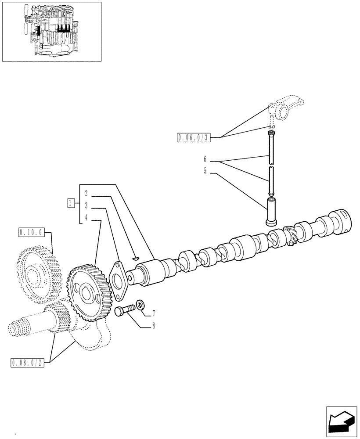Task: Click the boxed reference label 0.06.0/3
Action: [x=194, y=138]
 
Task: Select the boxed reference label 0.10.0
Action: [x=30, y=232]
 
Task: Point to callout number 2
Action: [x=86, y=193]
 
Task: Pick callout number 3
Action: [x=86, y=205]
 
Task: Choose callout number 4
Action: [x=86, y=217]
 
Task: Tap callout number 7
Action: [x=154, y=313]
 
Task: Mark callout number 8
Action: [x=154, y=326]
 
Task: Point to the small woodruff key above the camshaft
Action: [x=135, y=258]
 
